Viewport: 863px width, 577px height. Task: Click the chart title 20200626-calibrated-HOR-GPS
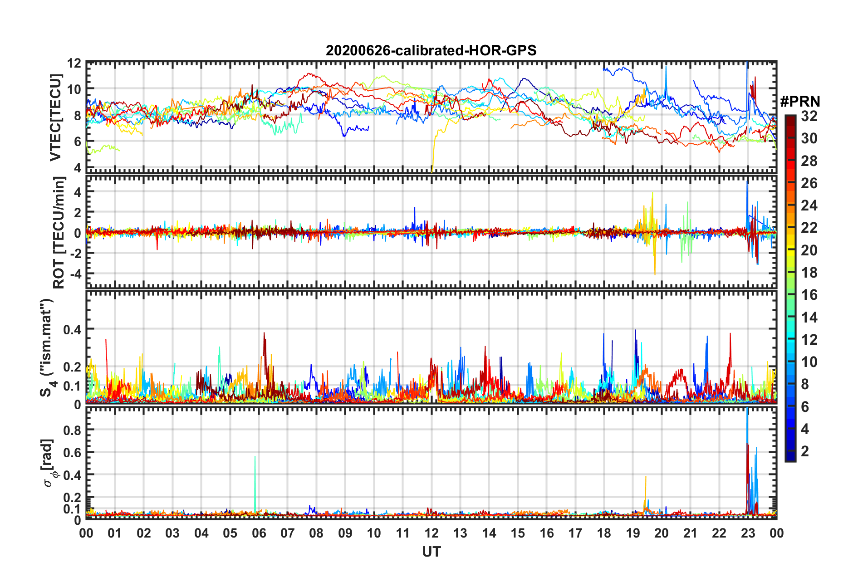tap(431, 50)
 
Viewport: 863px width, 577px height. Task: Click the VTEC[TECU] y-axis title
tap(55, 118)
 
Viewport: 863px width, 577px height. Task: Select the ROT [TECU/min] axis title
tap(59, 233)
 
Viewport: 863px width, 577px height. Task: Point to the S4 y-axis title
tap(47, 347)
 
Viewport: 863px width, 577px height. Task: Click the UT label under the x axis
tap(431, 552)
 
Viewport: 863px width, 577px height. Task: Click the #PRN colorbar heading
tap(799, 102)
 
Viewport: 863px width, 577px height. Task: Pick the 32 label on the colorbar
tap(809, 116)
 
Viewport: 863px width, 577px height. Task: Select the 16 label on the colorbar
tap(809, 295)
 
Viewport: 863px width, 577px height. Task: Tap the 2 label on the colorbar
tap(805, 451)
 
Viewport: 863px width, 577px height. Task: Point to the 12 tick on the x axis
tap(431, 533)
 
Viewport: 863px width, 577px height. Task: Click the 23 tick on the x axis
tap(748, 533)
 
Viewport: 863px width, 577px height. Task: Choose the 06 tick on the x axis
tap(259, 533)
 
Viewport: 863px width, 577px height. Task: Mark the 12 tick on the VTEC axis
tap(74, 63)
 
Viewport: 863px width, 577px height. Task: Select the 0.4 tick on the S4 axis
tap(72, 329)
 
